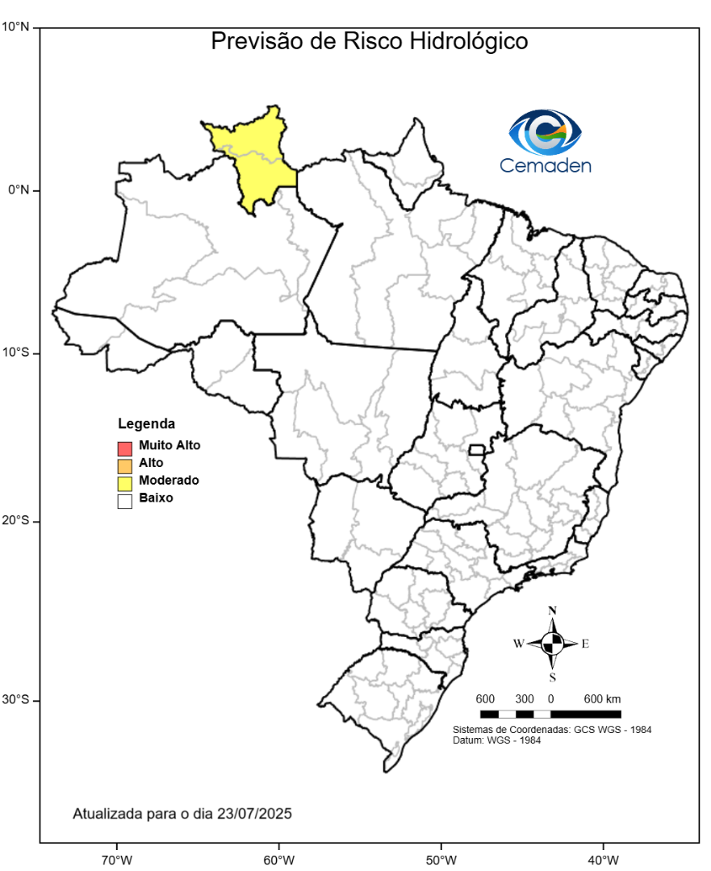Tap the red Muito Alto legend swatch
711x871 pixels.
(x=124, y=447)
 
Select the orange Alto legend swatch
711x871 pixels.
(x=124, y=465)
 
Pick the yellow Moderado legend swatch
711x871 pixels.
(x=124, y=483)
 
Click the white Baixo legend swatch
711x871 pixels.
(x=124, y=501)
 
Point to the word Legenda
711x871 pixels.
(x=147, y=424)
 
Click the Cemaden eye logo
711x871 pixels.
(x=545, y=132)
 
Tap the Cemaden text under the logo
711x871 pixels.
(x=545, y=166)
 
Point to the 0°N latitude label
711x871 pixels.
(x=19, y=190)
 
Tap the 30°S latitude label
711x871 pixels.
(x=15, y=700)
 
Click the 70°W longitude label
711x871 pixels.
(x=117, y=858)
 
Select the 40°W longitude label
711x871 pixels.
(x=604, y=858)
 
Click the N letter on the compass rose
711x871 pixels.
(x=552, y=611)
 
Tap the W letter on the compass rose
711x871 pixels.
(x=518, y=644)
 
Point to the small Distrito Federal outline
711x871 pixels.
(x=476, y=449)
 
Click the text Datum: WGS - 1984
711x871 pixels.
(x=496, y=740)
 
